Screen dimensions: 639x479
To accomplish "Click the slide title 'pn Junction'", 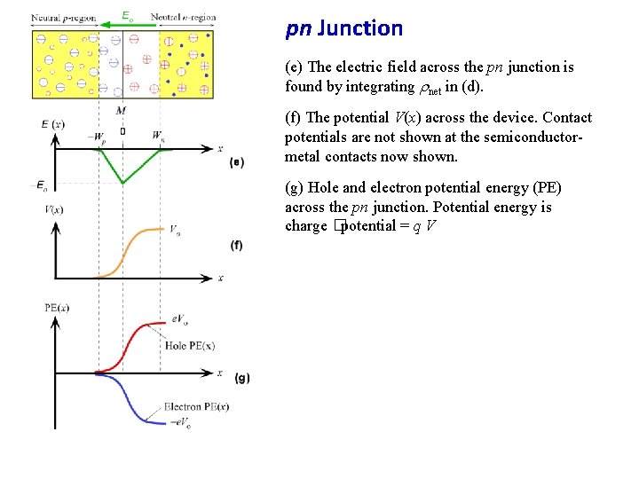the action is pos(343,28).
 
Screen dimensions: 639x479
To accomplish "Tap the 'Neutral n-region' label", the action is pos(183,18).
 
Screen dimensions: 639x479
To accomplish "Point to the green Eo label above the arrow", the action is pos(128,15).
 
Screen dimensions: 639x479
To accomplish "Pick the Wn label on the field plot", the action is pos(158,137).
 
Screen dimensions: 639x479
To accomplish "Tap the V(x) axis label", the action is pos(53,209).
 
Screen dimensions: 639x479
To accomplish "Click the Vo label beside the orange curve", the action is pos(177,229).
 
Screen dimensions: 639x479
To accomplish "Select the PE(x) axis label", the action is pos(56,307).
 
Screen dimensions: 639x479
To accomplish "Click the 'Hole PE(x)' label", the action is pos(190,345).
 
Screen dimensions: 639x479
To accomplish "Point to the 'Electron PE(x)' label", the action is pos(196,407).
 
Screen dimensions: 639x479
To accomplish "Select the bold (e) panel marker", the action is pos(236,161).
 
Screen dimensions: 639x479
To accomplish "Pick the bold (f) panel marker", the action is pos(236,245).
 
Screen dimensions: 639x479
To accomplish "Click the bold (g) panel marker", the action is pos(242,378).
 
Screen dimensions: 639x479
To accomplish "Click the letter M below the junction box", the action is pos(121,110).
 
